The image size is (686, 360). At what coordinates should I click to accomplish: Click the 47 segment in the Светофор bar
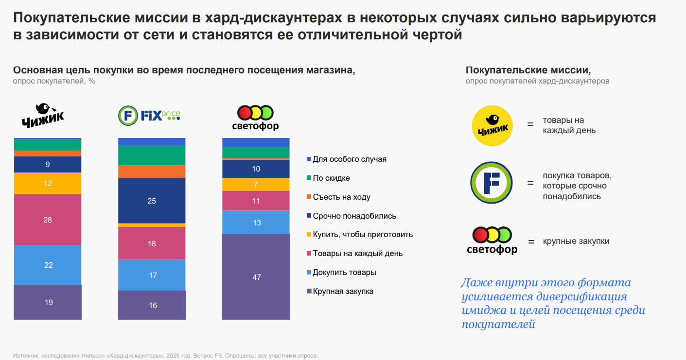coord(256,277)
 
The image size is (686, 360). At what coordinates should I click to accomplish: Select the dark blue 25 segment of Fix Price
coord(152,201)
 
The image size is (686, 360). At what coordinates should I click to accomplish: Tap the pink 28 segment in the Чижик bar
coord(48,220)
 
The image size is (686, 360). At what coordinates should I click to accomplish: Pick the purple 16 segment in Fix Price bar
coord(152,305)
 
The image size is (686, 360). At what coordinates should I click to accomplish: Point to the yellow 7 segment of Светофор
coord(256,185)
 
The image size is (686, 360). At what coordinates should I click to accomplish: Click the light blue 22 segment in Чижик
coord(48,265)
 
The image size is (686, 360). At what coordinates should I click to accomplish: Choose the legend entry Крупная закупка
coord(343,291)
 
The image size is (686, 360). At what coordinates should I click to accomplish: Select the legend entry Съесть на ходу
coord(341,197)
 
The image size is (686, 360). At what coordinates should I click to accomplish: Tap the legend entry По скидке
coord(331,178)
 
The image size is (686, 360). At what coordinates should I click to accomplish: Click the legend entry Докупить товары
coord(344,272)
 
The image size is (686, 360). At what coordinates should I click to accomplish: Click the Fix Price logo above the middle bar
coord(149,115)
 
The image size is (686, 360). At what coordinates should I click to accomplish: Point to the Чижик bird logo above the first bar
coord(43,115)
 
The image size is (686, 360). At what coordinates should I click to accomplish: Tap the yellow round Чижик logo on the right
coord(492,126)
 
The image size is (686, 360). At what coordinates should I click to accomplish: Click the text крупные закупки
coord(576,241)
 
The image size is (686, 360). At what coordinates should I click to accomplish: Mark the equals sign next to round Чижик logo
coord(530,125)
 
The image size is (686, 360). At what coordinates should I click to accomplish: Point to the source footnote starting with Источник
coord(165,356)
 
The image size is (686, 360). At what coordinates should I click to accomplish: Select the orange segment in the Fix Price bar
coord(152,171)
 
